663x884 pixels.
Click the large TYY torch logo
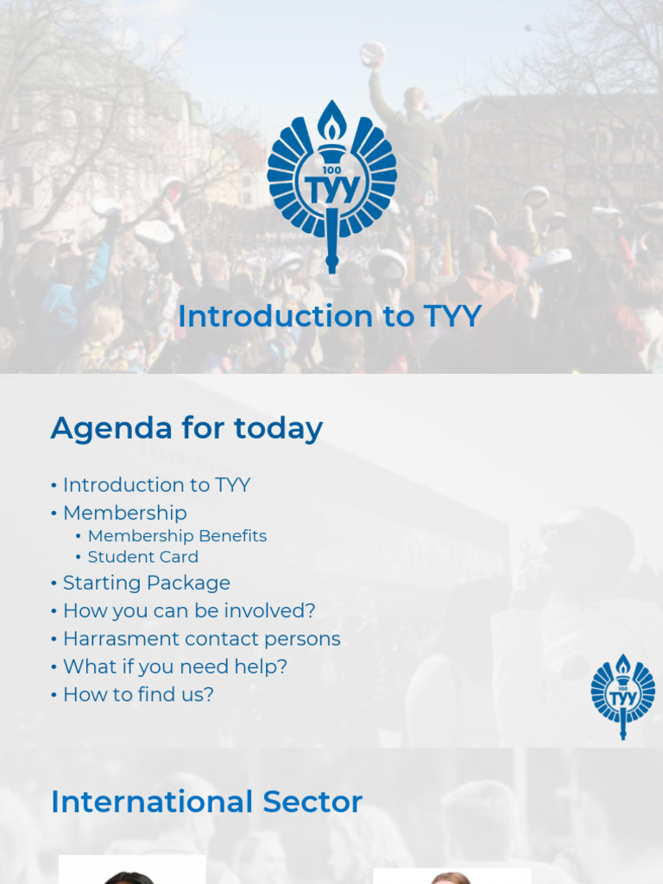point(331,186)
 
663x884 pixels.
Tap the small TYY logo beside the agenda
point(622,696)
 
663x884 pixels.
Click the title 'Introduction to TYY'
point(329,316)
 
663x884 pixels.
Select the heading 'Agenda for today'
point(186,428)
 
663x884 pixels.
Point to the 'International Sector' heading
point(206,802)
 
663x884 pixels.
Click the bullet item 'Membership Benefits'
point(177,536)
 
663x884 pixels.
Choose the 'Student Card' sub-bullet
point(142,557)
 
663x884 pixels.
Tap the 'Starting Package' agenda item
point(146,583)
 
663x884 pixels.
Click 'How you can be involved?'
point(189,611)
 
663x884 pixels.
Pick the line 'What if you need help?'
point(174,666)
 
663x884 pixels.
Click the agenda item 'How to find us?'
point(138,694)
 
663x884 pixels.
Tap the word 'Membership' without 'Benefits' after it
point(124,513)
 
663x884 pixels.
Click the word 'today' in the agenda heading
point(284,428)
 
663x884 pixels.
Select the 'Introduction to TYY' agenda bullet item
point(156,485)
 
